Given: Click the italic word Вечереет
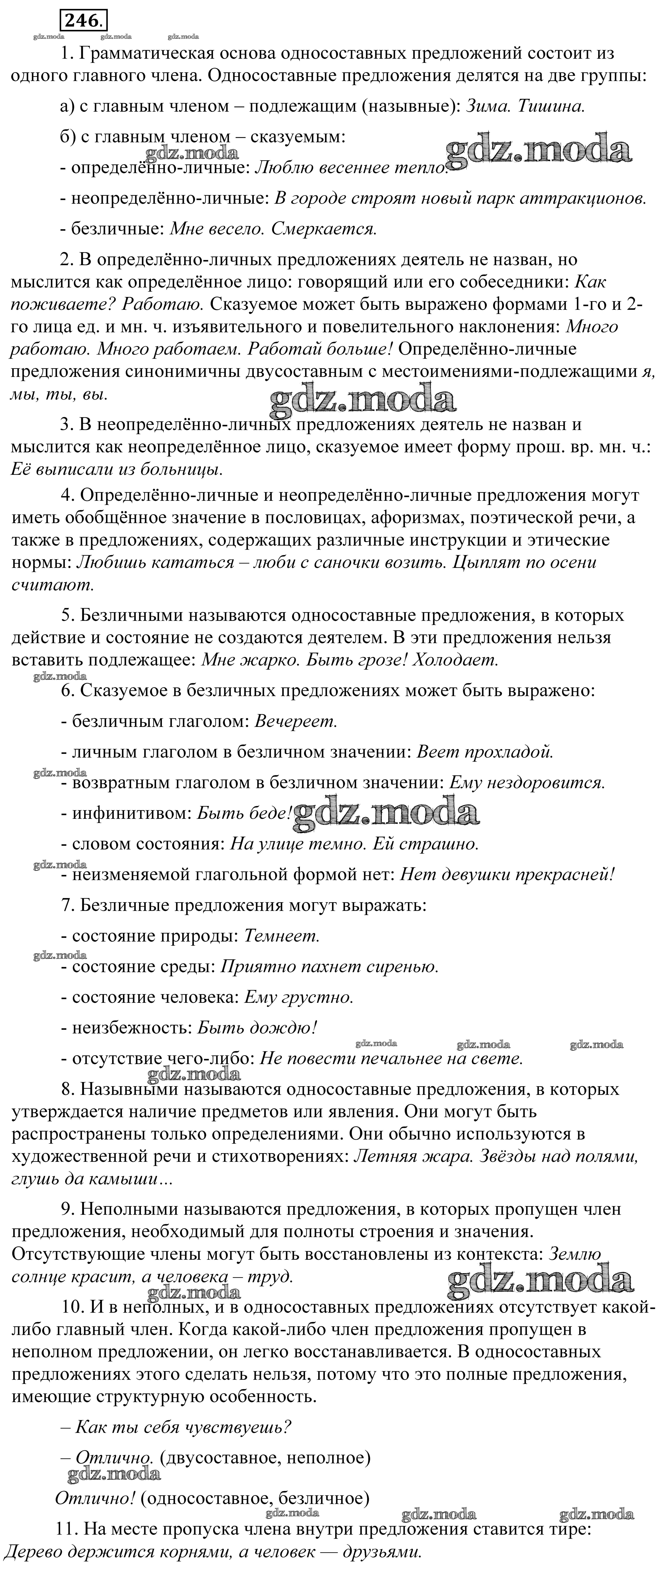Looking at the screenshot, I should pyautogui.click(x=296, y=721).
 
